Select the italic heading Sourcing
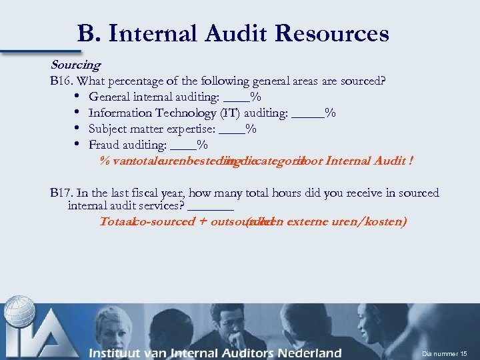tap(75, 65)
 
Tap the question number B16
tap(63, 81)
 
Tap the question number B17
tap(63, 193)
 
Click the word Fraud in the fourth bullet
tap(104, 145)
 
